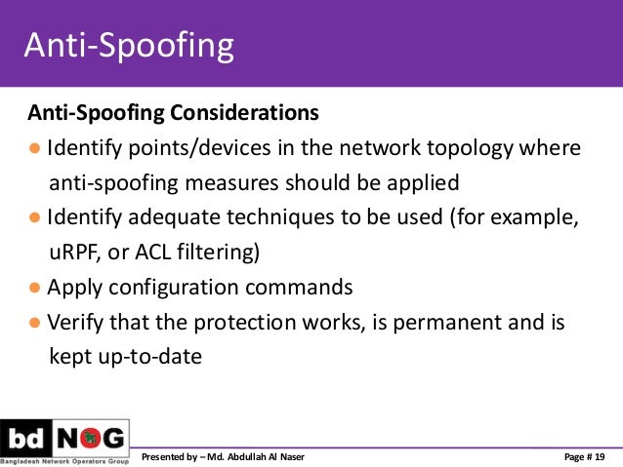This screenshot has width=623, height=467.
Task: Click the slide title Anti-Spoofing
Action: point(128,46)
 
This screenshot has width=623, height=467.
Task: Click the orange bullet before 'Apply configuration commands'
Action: point(34,288)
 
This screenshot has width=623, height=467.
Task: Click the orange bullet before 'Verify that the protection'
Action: point(34,323)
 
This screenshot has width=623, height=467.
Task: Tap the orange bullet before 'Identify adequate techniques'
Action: point(34,218)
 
